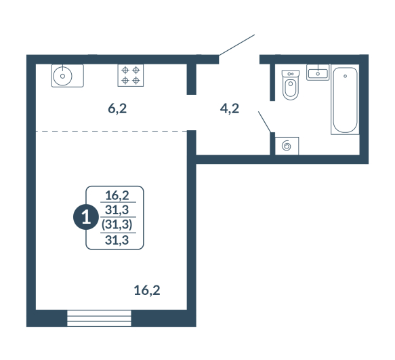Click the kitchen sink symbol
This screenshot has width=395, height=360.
point(68,76)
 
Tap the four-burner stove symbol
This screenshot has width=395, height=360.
point(131,75)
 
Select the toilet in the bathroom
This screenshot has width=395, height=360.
point(291,85)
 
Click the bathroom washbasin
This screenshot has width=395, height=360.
point(318,73)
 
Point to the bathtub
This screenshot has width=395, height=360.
point(345,100)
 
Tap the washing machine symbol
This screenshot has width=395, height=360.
point(287,146)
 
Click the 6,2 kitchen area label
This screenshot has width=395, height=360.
point(117,109)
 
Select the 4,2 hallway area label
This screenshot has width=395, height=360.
point(230,109)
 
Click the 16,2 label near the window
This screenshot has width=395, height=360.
point(147,290)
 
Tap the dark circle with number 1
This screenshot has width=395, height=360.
point(86,217)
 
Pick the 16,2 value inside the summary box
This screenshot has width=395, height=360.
point(117,195)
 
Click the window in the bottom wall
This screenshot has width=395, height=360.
point(99,318)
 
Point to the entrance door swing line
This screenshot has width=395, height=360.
point(237,45)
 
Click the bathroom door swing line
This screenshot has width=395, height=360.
point(265,122)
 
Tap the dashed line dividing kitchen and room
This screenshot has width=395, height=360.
point(111,131)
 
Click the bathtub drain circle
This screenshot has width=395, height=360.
point(345,76)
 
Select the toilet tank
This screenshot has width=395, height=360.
point(291,73)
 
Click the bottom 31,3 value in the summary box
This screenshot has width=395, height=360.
point(117,240)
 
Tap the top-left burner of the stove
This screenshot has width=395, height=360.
point(125,70)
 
